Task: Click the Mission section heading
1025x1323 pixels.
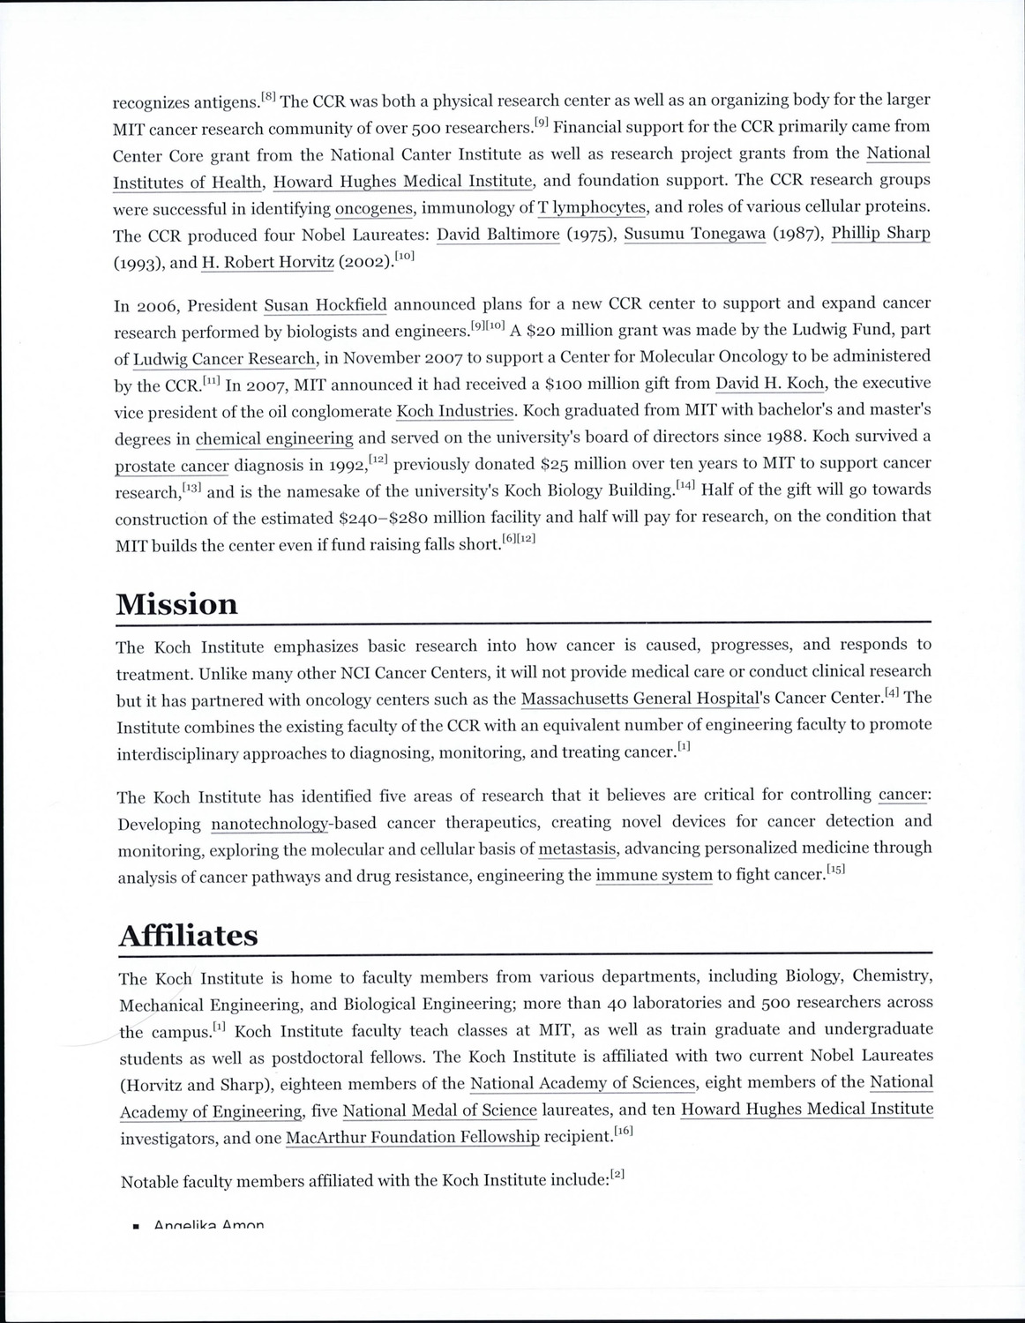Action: click(176, 604)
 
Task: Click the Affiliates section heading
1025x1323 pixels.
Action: click(188, 935)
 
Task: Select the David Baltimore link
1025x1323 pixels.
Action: click(498, 235)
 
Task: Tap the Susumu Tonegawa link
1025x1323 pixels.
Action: click(694, 234)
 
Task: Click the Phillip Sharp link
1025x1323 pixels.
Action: click(880, 234)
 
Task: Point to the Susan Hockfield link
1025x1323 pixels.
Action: click(325, 306)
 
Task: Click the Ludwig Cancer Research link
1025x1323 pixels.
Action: click(224, 359)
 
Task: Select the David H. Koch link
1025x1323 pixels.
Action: click(769, 383)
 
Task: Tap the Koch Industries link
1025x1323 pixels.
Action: click(454, 411)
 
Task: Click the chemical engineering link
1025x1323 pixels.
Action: click(274, 438)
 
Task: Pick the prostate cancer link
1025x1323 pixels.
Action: click(172, 466)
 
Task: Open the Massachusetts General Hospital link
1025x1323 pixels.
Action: click(640, 699)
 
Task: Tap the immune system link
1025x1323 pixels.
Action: click(654, 876)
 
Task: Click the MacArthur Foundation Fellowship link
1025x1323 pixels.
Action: click(412, 1137)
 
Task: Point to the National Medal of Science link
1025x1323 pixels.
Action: click(439, 1110)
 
